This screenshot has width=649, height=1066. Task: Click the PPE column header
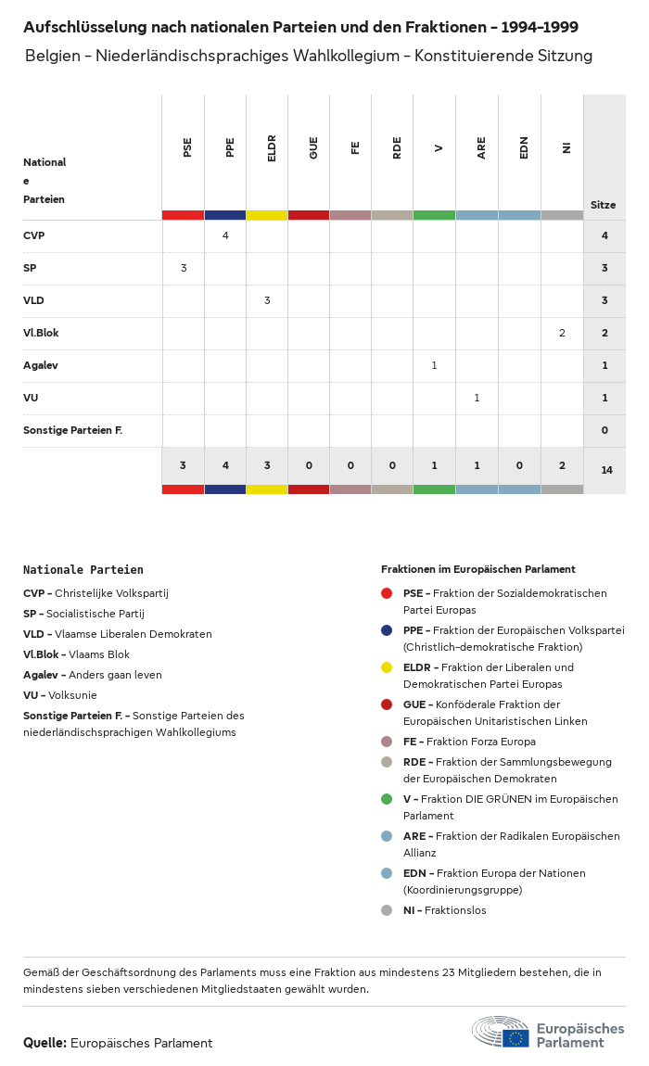[230, 147]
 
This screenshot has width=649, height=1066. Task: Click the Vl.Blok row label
[41, 333]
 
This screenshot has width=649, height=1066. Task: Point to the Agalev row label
[41, 365]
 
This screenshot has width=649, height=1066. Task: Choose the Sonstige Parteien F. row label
[72, 430]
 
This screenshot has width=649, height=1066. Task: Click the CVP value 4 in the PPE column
[225, 235]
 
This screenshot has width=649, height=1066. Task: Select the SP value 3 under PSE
[184, 268]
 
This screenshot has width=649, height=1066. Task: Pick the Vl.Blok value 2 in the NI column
[562, 333]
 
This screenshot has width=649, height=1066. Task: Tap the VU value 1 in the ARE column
[477, 398]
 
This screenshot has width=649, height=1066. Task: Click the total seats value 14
[606, 470]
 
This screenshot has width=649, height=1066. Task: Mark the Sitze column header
[603, 205]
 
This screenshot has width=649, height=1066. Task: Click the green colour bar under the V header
[434, 215]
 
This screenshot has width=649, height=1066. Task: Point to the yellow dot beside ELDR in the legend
[387, 667]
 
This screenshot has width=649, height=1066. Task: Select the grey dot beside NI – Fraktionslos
[387, 910]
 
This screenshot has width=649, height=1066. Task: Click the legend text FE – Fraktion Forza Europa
[469, 742]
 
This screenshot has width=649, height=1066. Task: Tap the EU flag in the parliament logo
[515, 1038]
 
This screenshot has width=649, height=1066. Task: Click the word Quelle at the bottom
[45, 1043]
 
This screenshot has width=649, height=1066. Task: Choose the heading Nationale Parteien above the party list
[83, 570]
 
